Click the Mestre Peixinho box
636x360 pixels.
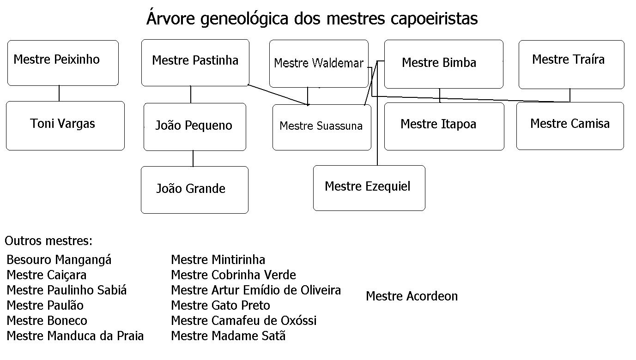[63, 63]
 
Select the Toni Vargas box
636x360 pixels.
[65, 126]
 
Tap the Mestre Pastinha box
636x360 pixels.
[195, 63]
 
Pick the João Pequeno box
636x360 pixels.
[194, 126]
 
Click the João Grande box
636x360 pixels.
[194, 190]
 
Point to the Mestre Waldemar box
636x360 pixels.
[319, 64]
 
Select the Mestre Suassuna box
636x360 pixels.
[321, 127]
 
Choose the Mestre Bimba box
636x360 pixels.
[443, 64]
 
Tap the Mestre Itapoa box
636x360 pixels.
[444, 126]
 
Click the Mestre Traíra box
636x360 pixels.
[571, 64]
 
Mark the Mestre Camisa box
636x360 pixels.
[570, 126]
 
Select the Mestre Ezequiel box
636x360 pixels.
[369, 188]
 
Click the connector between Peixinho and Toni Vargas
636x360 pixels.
[59, 93]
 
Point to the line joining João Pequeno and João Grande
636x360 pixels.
[193, 158]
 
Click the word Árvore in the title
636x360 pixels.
[169, 18]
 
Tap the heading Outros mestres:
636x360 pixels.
[48, 240]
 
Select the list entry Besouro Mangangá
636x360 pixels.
[59, 260]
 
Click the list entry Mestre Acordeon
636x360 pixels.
[412, 296]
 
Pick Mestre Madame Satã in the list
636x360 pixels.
[228, 336]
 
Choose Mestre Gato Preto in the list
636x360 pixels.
[220, 305]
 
